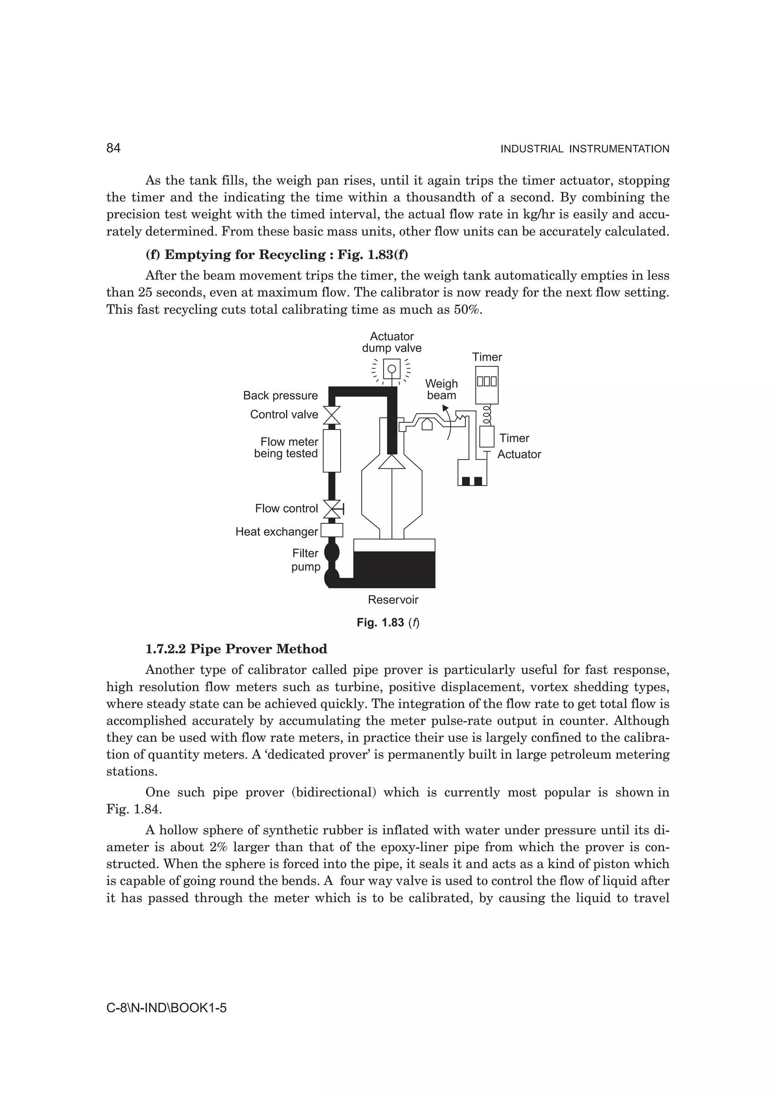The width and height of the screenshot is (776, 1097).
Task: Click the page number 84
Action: pyautogui.click(x=113, y=149)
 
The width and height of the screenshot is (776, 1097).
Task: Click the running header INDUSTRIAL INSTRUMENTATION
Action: pyautogui.click(x=584, y=149)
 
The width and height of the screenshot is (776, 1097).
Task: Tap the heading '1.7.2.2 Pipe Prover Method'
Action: pyautogui.click(x=236, y=649)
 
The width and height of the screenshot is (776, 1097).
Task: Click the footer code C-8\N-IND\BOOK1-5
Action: pyautogui.click(x=166, y=1008)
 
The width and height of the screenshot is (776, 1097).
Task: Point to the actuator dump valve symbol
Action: pyautogui.click(x=391, y=369)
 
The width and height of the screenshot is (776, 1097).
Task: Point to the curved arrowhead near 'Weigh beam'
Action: pyautogui.click(x=445, y=408)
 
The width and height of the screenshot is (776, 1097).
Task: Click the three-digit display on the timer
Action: pyautogui.click(x=487, y=382)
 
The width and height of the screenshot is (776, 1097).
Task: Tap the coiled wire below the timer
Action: pyautogui.click(x=487, y=415)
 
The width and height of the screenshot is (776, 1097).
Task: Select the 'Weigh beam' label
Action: pyautogui.click(x=441, y=390)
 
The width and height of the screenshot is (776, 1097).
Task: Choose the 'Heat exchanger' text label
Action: pyautogui.click(x=276, y=532)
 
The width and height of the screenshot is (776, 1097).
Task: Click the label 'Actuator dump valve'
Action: pyautogui.click(x=391, y=342)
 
